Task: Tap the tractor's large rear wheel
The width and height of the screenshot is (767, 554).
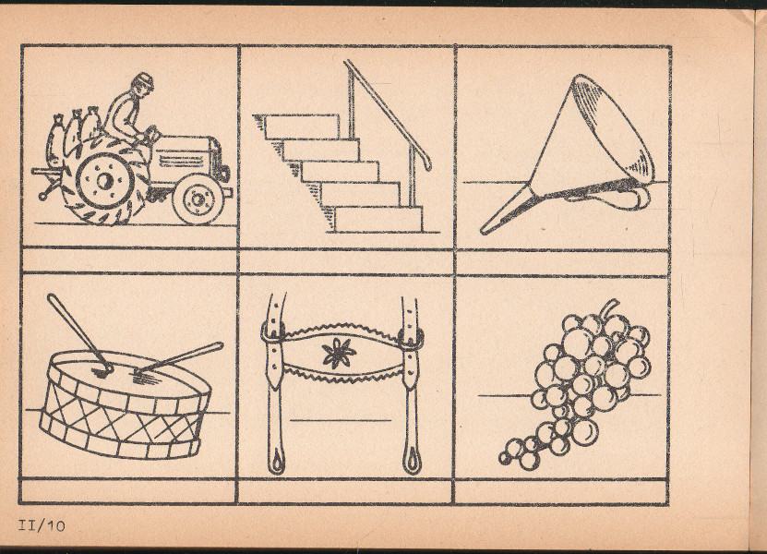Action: point(104,180)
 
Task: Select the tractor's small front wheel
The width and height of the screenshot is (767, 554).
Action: point(198,199)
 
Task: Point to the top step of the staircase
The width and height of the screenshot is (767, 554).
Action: point(302,126)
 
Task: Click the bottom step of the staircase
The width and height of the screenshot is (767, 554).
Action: point(378,219)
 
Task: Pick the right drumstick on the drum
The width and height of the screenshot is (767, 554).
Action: point(178,360)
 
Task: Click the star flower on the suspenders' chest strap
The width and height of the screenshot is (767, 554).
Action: point(338,354)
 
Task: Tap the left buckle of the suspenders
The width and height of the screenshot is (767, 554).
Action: point(272,332)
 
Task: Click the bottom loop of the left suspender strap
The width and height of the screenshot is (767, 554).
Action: point(276,461)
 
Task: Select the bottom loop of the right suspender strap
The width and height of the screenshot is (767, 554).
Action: point(412,460)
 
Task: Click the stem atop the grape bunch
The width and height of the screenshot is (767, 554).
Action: point(608,308)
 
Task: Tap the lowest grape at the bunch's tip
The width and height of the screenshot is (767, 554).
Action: point(504,458)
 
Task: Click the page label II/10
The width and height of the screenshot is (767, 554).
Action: point(42,525)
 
